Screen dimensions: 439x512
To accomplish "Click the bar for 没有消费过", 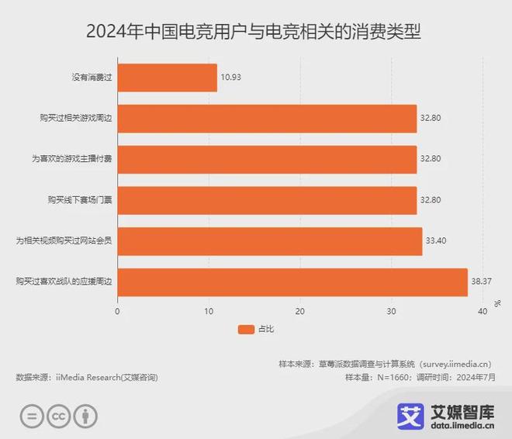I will point(167,78).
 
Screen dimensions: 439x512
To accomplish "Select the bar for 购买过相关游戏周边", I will point(267,119).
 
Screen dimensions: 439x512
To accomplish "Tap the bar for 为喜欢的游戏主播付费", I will point(267,159).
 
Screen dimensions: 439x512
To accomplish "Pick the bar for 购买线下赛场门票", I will point(267,200).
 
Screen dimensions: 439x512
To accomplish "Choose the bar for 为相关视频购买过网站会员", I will point(269,241).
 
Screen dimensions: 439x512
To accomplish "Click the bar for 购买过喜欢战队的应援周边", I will point(292,282).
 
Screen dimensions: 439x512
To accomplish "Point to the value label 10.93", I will point(231,78).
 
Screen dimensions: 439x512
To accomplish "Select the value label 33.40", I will point(434,241).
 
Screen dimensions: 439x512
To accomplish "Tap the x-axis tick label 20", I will point(299,311).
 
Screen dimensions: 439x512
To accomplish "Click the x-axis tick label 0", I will point(117,311).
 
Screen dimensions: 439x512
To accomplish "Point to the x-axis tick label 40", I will point(482,311).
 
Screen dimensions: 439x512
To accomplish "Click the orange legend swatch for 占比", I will point(246,330).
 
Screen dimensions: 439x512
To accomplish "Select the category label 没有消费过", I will point(90,78).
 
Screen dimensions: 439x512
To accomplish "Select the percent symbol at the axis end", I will point(497,302).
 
